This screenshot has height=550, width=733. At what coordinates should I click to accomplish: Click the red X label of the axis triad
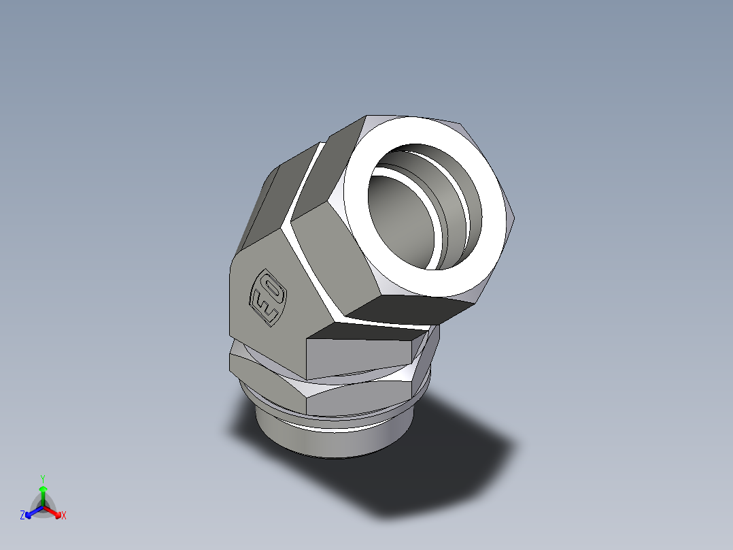[x=64, y=516]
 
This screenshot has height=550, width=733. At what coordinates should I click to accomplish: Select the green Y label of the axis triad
[x=43, y=479]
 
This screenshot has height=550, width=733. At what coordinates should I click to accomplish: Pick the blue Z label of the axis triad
[x=22, y=516]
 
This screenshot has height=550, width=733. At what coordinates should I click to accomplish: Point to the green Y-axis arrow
[x=43, y=494]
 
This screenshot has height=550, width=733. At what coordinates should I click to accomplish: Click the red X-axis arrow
[x=54, y=512]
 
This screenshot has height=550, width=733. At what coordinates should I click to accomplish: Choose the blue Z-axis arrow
[x=31, y=512]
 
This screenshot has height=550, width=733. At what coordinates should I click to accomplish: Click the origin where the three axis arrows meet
[x=43, y=507]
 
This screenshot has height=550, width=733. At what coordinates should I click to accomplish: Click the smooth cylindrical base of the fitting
[x=326, y=442]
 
